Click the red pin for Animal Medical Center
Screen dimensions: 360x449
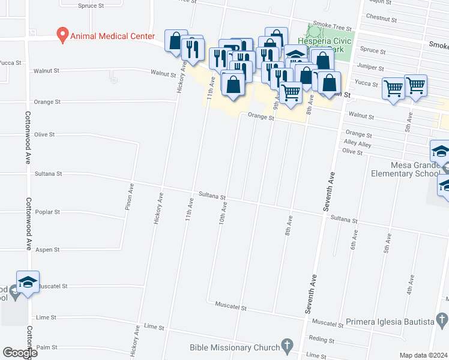[x=62, y=35]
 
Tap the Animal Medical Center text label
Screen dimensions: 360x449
[x=108, y=35]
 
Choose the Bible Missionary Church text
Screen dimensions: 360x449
[x=235, y=347]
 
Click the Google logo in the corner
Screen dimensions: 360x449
[x=19, y=353]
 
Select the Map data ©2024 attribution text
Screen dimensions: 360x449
[x=423, y=355]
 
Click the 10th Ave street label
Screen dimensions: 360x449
[x=222, y=213]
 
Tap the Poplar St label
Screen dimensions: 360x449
[x=47, y=212]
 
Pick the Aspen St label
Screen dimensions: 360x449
[x=48, y=249]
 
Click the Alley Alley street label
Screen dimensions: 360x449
[x=358, y=143]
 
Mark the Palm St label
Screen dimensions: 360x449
[x=46, y=347]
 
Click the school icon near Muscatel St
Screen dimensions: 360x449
[x=28, y=283]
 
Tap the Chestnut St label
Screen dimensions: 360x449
[x=378, y=17]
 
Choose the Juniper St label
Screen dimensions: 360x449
[x=370, y=67]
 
